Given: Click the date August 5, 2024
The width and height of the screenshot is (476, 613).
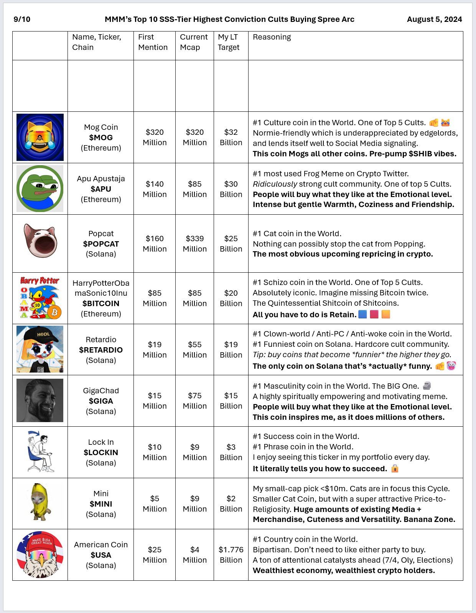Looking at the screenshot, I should (x=434, y=19).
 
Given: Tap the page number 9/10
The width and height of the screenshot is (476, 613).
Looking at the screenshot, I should (x=22, y=19).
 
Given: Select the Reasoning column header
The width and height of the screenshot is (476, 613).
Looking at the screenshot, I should (x=272, y=37).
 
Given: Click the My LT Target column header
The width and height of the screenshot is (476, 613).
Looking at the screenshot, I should (x=229, y=42).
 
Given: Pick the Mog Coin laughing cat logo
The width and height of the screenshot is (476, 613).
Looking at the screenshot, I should (x=40, y=137).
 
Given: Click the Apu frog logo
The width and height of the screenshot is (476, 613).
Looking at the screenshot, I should (x=40, y=189).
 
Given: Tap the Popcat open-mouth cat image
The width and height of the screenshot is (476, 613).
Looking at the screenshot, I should (x=40, y=241).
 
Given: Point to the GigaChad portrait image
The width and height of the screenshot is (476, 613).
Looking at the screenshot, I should (x=40, y=400).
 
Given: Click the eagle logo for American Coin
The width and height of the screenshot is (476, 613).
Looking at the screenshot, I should (x=40, y=555).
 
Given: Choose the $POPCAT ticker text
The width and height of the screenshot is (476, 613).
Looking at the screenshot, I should (x=101, y=244).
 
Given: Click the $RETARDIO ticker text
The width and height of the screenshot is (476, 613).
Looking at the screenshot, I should (x=101, y=350).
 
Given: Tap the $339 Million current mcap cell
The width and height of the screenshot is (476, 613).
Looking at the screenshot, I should (x=194, y=244).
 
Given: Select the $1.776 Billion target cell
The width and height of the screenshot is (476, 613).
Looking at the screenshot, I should (x=231, y=555).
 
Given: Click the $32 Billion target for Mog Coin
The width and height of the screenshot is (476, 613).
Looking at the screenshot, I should (x=231, y=137).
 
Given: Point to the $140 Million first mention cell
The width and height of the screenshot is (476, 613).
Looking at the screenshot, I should (x=155, y=189).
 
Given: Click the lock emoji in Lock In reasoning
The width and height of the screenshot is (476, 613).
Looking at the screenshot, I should (x=395, y=469).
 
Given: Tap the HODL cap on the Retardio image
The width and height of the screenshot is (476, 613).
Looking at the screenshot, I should (x=42, y=334).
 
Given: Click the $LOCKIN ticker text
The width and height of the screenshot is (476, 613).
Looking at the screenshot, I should (x=101, y=452).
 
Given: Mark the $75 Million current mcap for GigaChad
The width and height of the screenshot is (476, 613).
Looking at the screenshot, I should (x=194, y=401).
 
